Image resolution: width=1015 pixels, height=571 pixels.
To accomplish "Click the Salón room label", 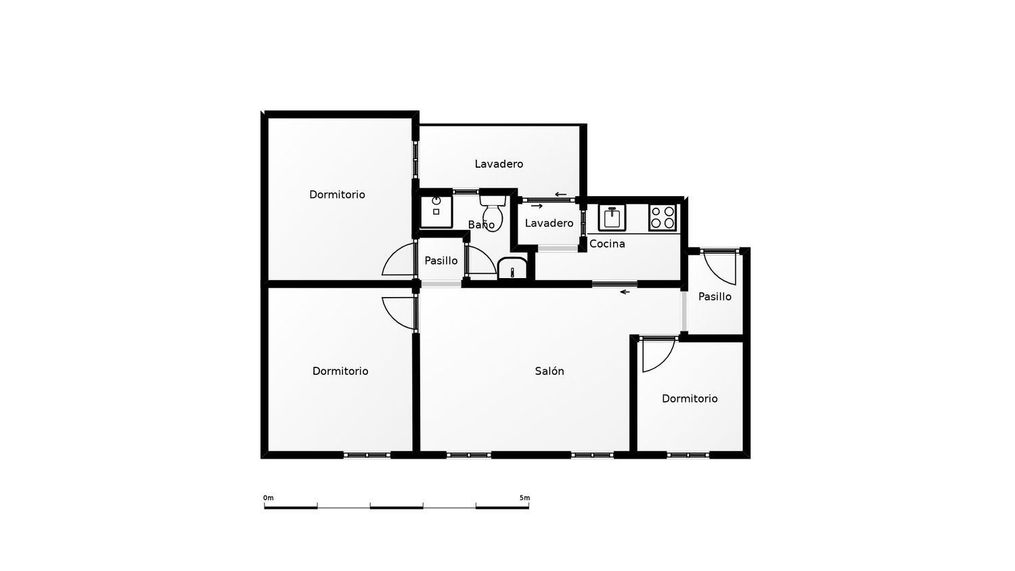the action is click(x=549, y=371).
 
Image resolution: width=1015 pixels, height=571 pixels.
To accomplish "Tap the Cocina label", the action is click(x=607, y=244).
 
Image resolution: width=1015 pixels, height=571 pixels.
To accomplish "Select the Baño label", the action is click(x=480, y=225).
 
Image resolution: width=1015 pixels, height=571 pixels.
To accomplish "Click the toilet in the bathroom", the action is click(x=493, y=213).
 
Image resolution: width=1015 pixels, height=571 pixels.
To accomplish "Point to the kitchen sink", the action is click(x=612, y=218).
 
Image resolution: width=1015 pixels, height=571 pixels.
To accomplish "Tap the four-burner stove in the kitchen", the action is click(x=662, y=218).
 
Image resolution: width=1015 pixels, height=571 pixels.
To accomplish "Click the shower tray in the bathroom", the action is click(x=436, y=212).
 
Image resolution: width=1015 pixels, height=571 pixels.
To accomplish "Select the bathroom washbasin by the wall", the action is click(x=512, y=269).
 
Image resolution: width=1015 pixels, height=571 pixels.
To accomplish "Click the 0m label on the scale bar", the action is click(x=268, y=497).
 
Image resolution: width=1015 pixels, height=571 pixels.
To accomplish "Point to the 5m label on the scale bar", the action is click(x=524, y=497).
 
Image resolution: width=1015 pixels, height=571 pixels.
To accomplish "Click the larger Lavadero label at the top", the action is click(x=499, y=164).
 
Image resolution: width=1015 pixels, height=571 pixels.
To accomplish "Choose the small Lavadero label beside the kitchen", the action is click(x=549, y=223).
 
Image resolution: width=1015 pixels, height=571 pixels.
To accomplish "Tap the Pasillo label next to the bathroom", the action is click(x=441, y=260).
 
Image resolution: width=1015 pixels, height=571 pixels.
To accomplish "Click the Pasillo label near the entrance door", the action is click(x=715, y=297).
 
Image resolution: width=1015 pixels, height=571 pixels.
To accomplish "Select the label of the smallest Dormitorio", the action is click(x=690, y=398).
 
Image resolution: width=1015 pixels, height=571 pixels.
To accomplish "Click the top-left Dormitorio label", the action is click(x=337, y=195).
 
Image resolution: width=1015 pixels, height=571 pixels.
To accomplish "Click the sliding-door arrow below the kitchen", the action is click(x=625, y=292).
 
